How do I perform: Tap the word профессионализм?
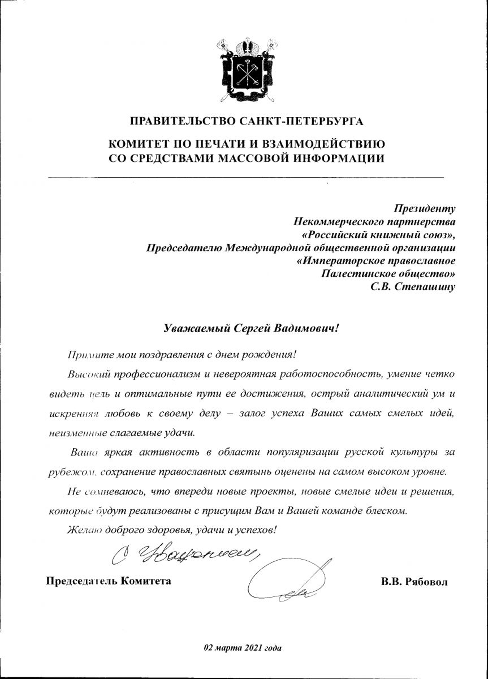(148, 374)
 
